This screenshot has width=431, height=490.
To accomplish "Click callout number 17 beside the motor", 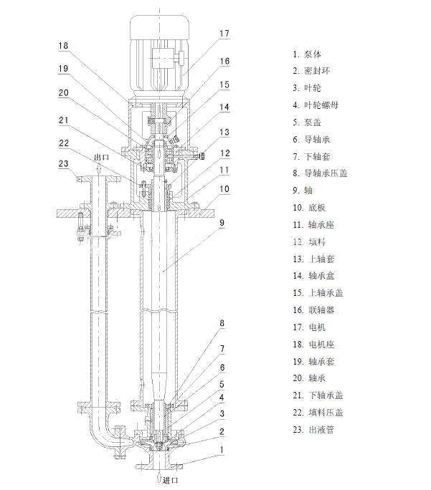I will pos(224,33).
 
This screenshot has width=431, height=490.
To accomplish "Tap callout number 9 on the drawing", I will pos(222,224).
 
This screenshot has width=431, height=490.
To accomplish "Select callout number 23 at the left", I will pos(64,164).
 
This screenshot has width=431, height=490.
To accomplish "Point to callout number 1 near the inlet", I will pos(222,450).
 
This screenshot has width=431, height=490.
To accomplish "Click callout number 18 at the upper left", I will pos(64,45).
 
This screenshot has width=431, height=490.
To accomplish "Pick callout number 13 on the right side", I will pos(224,133).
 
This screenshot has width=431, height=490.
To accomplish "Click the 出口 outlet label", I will pos(102,158).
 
